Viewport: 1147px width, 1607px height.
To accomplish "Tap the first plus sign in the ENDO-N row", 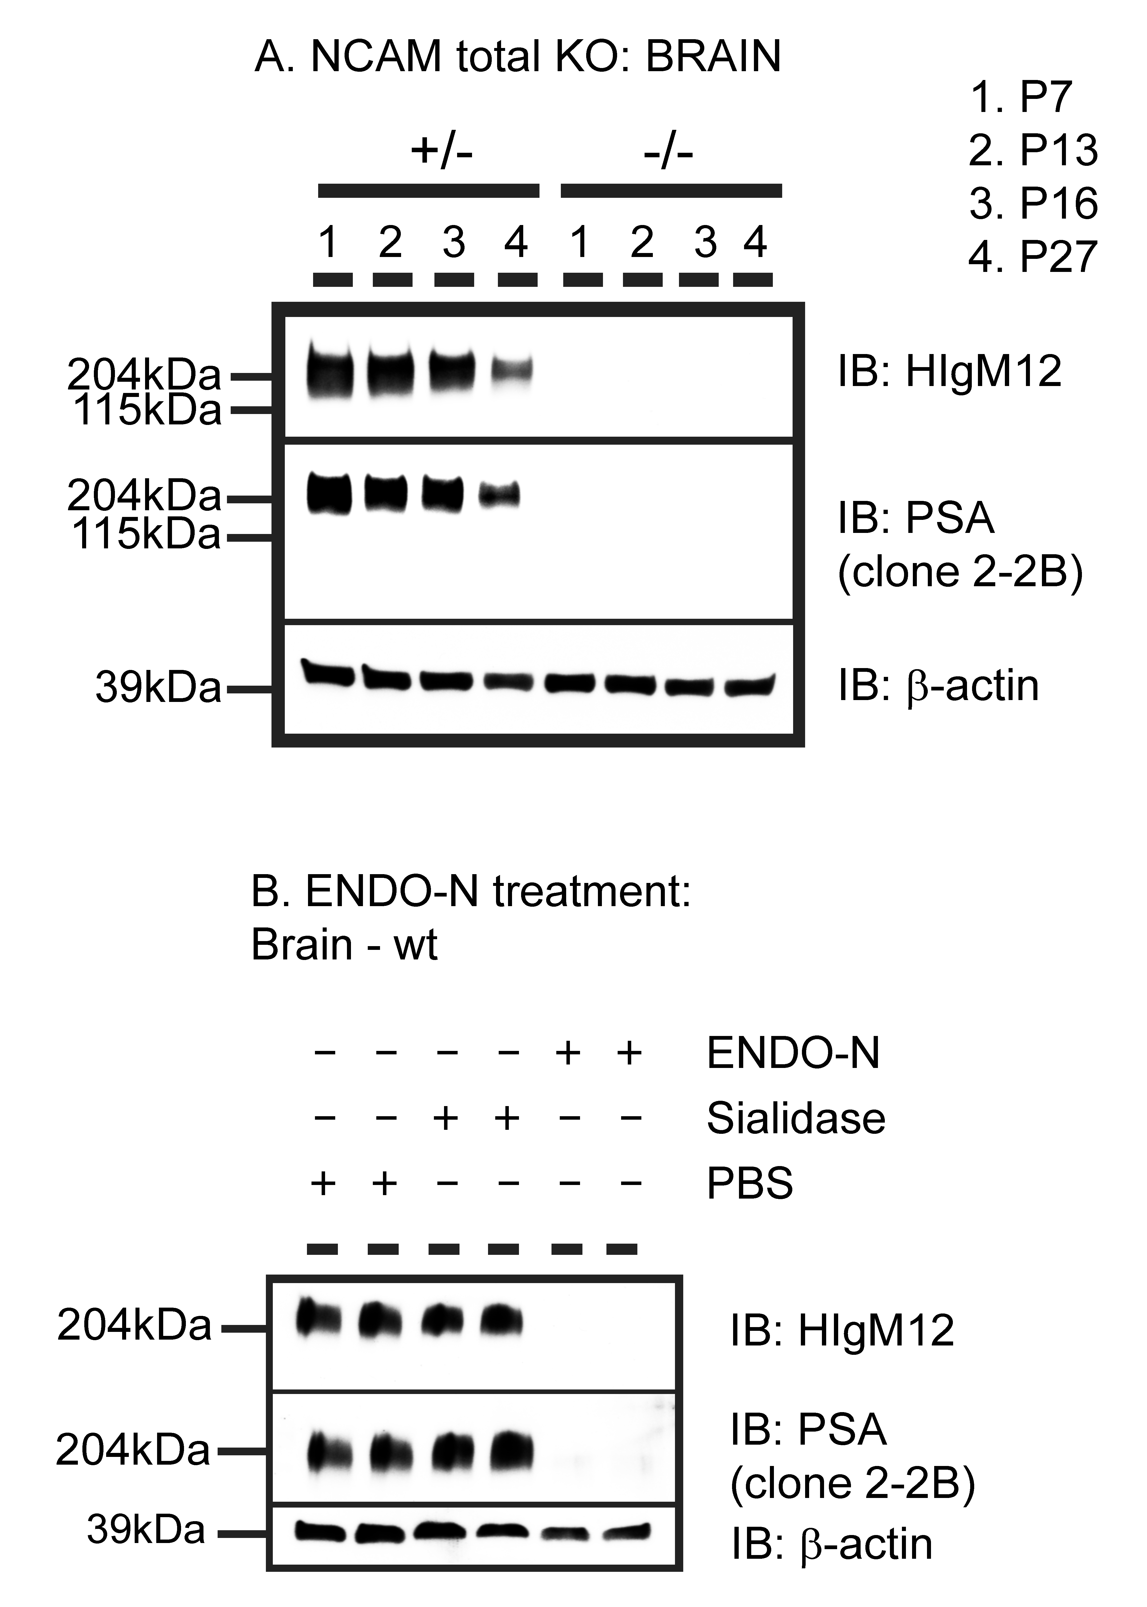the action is pos(569,1054).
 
